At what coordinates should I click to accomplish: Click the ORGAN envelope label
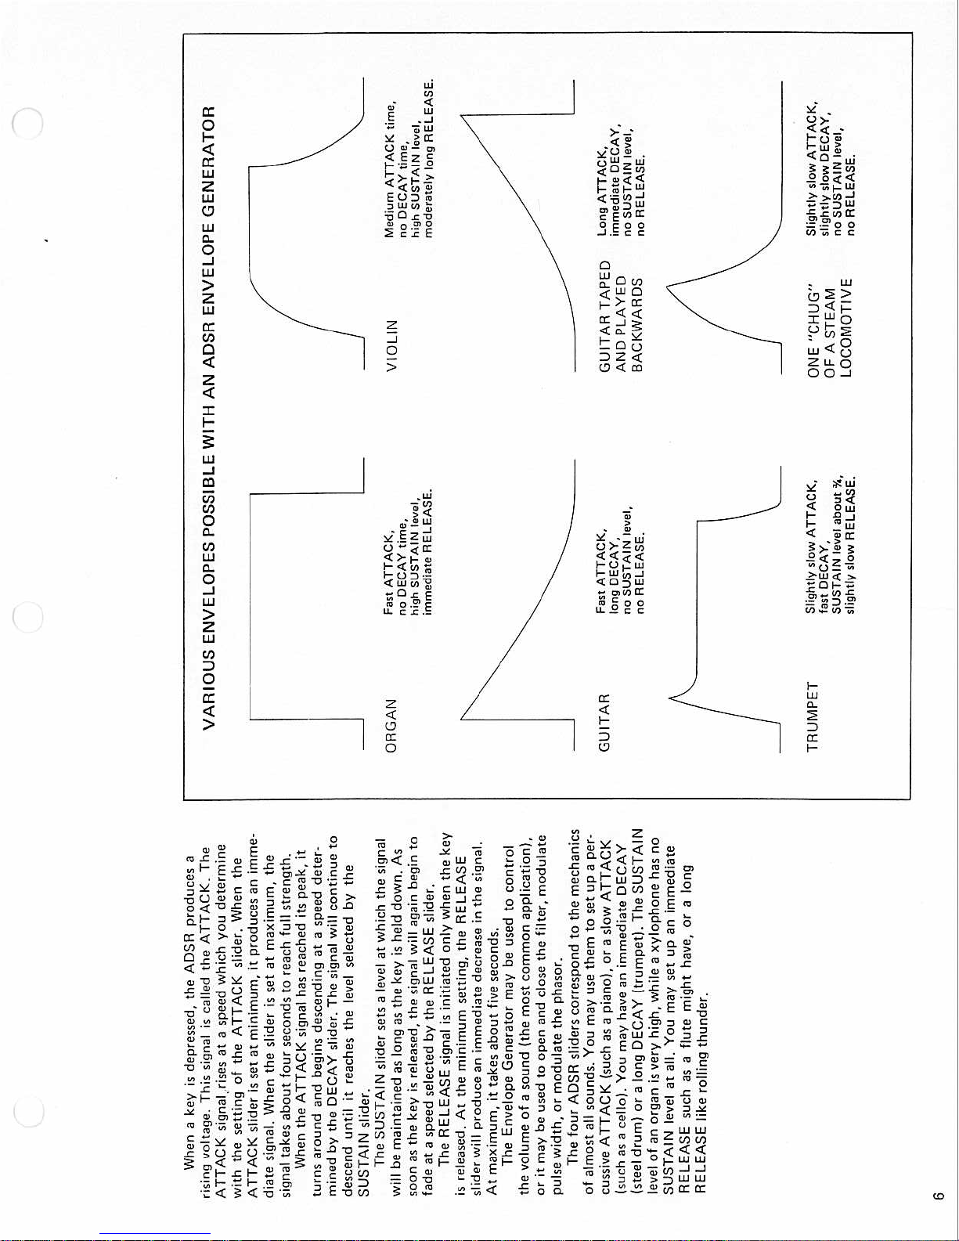(x=391, y=725)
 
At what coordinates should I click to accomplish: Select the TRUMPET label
(x=812, y=716)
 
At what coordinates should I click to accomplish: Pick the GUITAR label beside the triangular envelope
(x=604, y=723)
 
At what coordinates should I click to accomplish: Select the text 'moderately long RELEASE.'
(x=429, y=157)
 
